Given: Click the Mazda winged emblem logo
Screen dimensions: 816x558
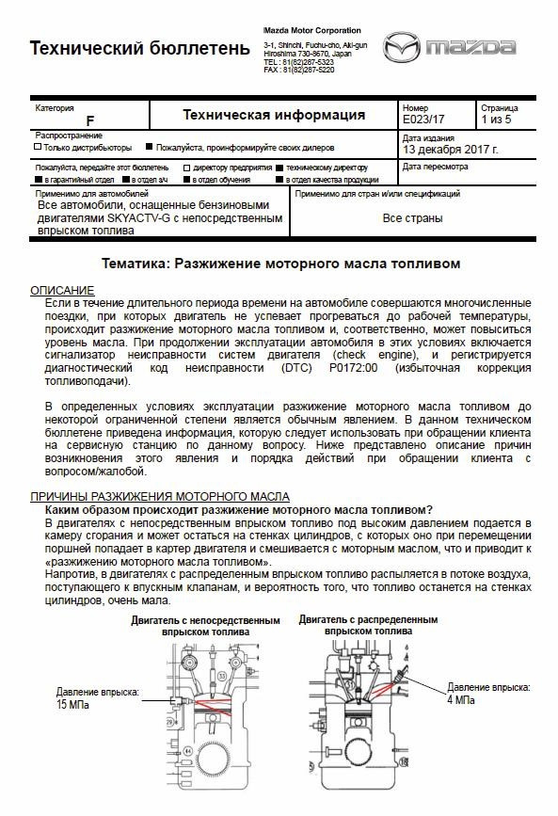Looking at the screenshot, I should (x=401, y=47).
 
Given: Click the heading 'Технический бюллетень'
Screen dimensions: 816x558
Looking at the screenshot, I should (x=140, y=48).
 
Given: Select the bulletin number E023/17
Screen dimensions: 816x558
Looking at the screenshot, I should (x=423, y=120).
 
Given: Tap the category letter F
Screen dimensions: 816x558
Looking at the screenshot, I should (x=89, y=120).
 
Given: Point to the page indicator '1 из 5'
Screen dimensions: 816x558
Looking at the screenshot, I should (x=496, y=120).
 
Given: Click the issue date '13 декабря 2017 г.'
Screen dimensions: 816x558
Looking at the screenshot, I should (x=451, y=149).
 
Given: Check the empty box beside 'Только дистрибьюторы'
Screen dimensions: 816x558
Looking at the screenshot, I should (x=38, y=147).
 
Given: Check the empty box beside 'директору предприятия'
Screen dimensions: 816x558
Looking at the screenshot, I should (x=186, y=167).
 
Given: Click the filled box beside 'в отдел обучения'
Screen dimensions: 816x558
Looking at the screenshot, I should (x=186, y=179).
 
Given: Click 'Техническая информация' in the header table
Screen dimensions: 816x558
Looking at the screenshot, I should (x=274, y=115).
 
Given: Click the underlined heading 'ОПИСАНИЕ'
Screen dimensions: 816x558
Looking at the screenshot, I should (x=62, y=290).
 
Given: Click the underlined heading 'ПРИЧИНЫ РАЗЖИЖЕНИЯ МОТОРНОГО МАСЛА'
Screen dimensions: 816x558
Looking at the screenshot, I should (x=160, y=496).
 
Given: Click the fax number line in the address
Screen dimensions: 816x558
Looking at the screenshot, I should (x=299, y=70).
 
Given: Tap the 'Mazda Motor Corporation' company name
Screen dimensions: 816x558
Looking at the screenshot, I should (x=311, y=31).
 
